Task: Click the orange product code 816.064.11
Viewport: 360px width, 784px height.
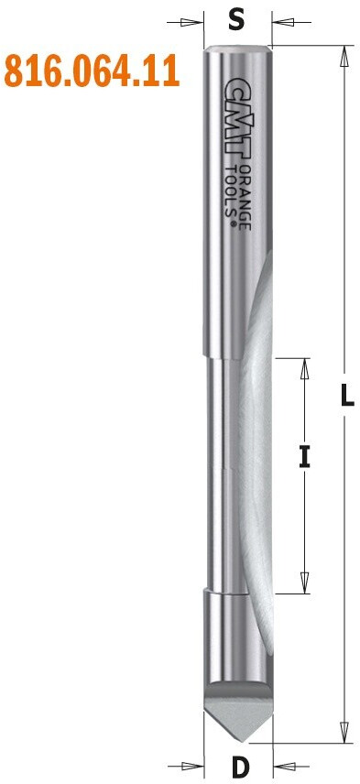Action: tap(92, 72)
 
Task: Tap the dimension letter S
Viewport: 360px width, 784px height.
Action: tap(236, 21)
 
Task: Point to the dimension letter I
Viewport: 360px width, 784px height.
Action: tap(304, 458)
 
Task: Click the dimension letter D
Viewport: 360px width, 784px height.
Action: tap(241, 766)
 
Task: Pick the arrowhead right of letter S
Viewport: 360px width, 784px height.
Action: tap(283, 23)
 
